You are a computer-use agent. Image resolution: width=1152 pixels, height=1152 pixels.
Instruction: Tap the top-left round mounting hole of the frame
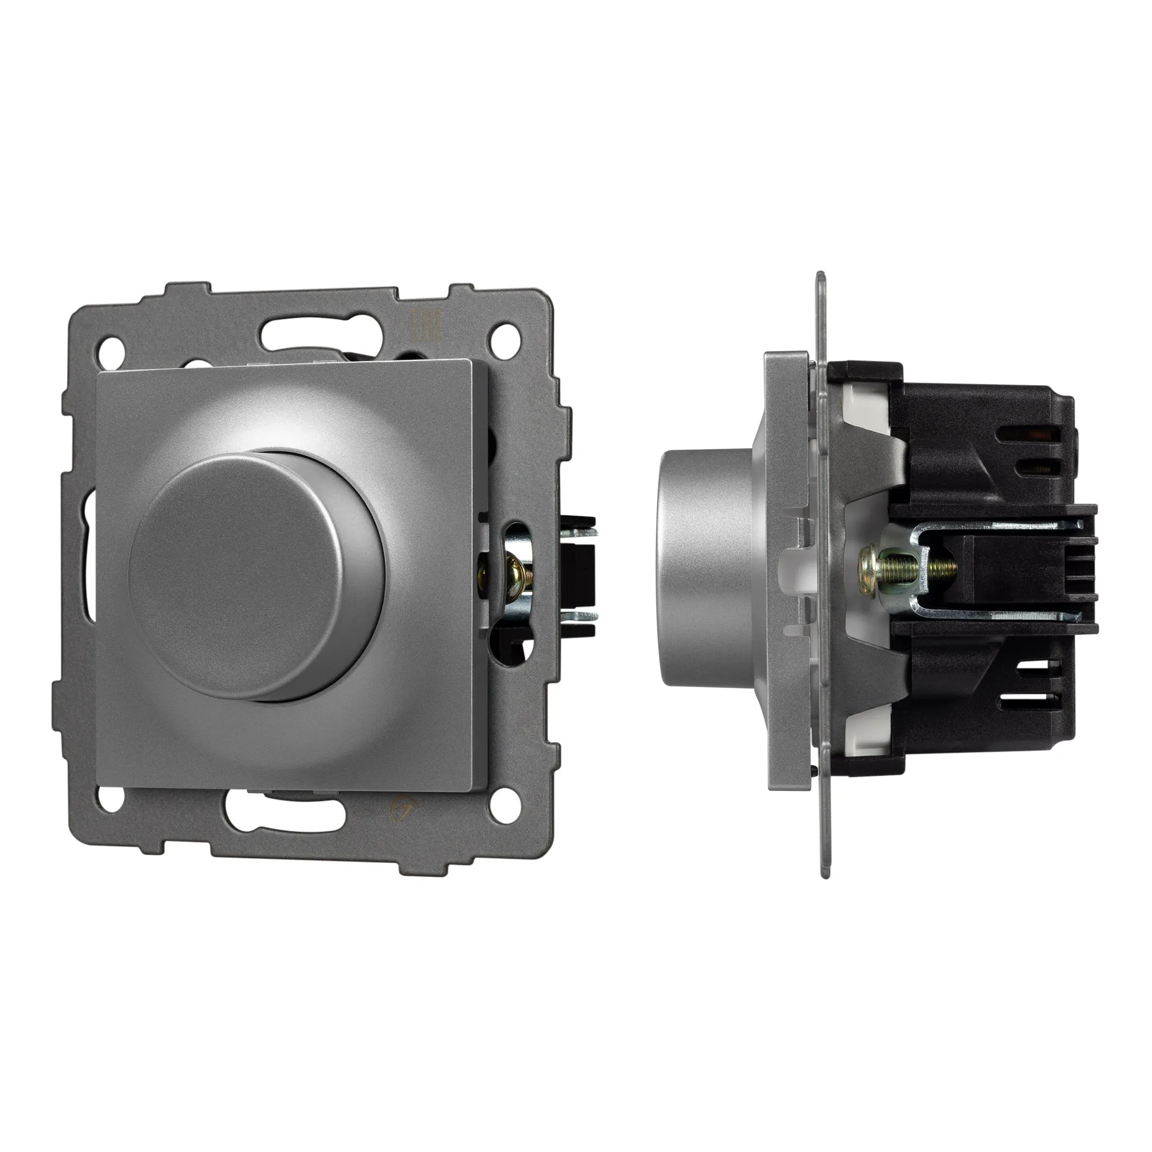(112, 345)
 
